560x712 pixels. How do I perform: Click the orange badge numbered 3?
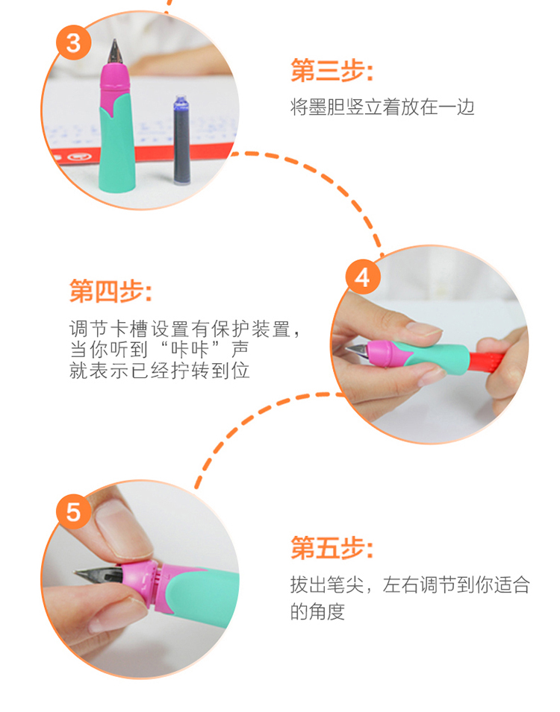(x=74, y=42)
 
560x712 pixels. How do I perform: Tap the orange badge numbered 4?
(x=363, y=277)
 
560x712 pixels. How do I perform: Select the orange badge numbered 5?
(x=74, y=511)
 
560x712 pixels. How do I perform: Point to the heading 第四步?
(x=110, y=291)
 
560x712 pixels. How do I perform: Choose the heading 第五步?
(x=332, y=547)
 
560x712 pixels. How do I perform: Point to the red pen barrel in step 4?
(x=487, y=362)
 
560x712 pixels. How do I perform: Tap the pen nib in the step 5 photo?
(x=99, y=576)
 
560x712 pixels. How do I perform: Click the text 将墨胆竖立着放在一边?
(x=382, y=107)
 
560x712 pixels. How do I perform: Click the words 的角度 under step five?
(x=317, y=611)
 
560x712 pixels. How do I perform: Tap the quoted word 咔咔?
(x=189, y=350)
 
